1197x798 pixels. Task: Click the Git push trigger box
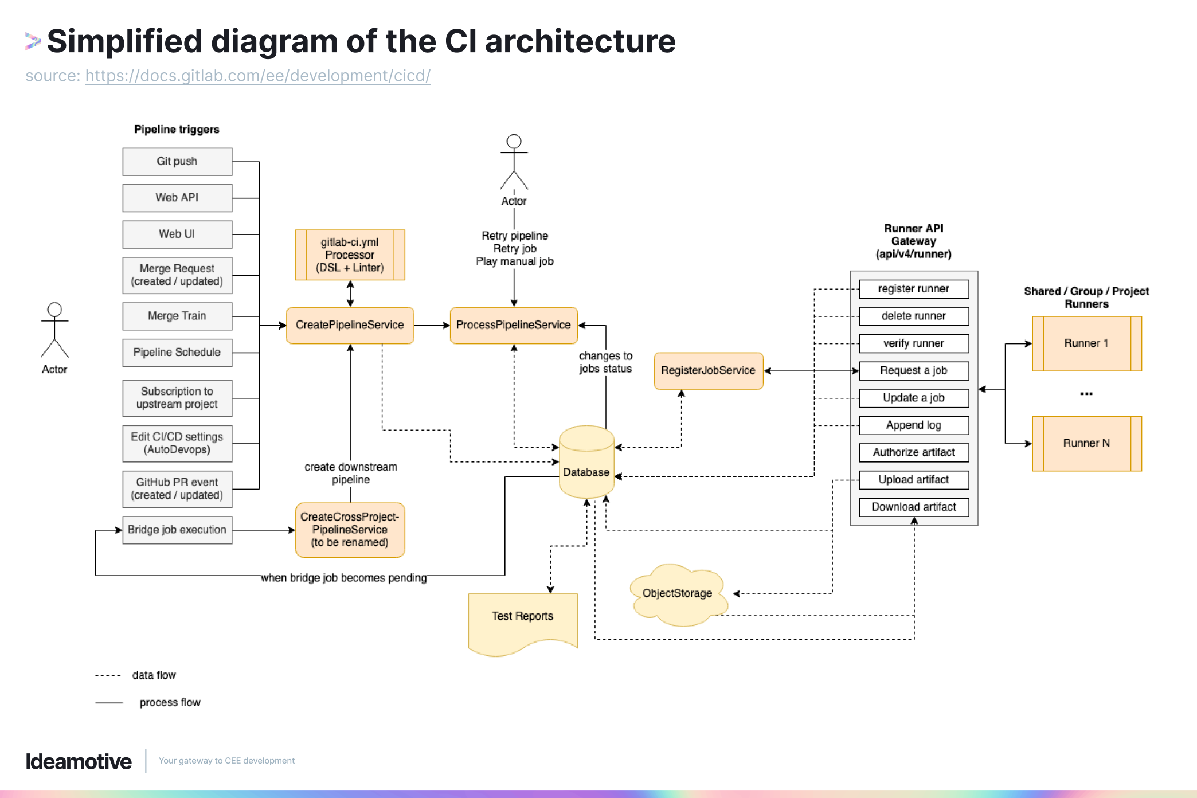pos(177,162)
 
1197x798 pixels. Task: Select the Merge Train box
pos(177,316)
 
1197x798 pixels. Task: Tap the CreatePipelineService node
pos(350,325)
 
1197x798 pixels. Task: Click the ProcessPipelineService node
pos(514,325)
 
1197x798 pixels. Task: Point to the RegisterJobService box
pos(708,371)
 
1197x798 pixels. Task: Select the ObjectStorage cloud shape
pos(677,594)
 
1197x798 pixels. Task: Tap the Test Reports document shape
pos(522,619)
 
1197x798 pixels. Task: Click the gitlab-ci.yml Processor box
pos(350,255)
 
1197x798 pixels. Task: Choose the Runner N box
pos(1086,443)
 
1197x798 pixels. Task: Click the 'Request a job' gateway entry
pos(914,370)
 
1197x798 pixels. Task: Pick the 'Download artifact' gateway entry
pos(914,507)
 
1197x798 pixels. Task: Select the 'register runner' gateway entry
pos(914,289)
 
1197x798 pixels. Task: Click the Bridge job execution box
pos(177,530)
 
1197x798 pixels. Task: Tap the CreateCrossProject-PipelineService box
pos(350,530)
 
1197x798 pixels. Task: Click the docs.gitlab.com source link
pos(257,76)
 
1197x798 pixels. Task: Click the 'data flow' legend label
pos(154,675)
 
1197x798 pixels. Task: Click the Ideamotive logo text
pos(79,761)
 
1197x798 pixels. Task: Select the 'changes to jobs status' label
pos(605,362)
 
